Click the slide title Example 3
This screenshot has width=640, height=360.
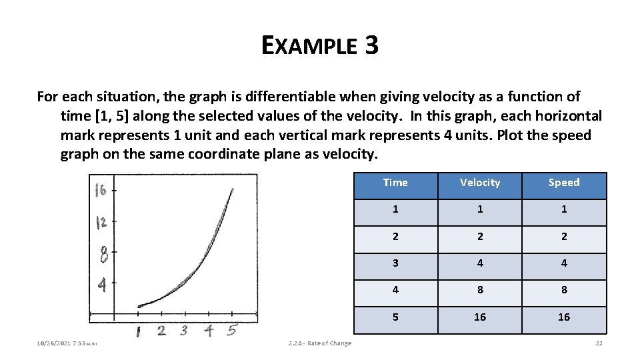320,45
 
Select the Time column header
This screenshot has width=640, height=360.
395,183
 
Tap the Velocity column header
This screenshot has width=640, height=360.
480,183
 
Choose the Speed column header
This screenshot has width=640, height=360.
564,183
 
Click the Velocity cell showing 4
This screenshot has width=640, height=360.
480,263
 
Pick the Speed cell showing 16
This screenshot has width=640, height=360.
564,317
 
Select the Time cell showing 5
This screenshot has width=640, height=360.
395,317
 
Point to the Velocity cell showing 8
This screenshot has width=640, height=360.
480,290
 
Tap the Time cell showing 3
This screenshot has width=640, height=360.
395,263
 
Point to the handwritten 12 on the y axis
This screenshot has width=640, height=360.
101,222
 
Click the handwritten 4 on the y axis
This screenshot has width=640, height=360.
102,285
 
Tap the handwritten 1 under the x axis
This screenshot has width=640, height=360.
138,331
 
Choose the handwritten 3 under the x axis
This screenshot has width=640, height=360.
184,330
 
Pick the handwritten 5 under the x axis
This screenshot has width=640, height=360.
231,329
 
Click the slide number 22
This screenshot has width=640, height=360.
599,343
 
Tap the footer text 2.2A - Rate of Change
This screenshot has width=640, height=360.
320,343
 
